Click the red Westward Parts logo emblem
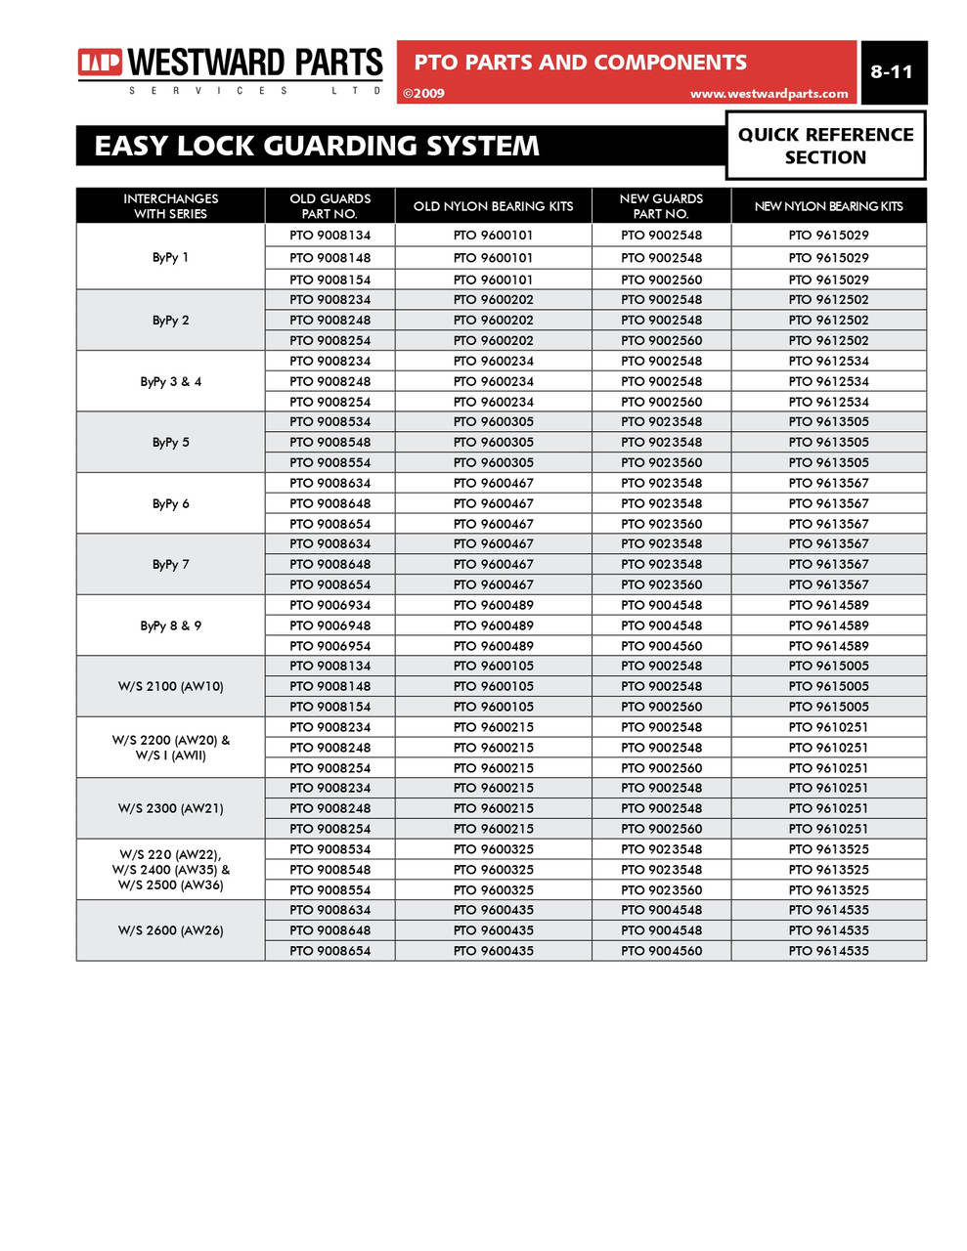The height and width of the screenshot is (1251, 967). tap(101, 64)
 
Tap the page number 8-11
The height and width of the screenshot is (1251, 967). tap(891, 72)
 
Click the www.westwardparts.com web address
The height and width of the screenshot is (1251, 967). tap(769, 94)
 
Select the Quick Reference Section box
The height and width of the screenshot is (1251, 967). tap(825, 146)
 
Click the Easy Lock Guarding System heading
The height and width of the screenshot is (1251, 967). tap(316, 147)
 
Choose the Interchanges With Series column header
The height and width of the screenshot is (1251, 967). tap(171, 206)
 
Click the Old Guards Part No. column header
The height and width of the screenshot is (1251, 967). tap(330, 206)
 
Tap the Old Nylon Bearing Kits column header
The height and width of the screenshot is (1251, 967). tap(493, 206)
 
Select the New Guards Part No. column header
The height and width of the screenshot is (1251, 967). tap(661, 206)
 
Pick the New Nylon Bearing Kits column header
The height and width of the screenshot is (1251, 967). tap(828, 206)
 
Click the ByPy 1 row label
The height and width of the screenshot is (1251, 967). tap(171, 258)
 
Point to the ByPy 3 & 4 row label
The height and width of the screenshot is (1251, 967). tap(171, 381)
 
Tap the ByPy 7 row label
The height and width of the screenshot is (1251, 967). tap(171, 565)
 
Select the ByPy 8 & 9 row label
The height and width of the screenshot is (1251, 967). tap(171, 625)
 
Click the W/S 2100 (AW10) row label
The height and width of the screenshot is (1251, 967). tap(171, 686)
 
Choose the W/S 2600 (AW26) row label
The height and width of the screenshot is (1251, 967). tap(171, 930)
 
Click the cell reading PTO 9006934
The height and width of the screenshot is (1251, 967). tap(330, 605)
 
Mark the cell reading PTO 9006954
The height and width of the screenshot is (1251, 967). tap(330, 646)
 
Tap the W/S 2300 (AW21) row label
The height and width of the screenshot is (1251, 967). tap(171, 808)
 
